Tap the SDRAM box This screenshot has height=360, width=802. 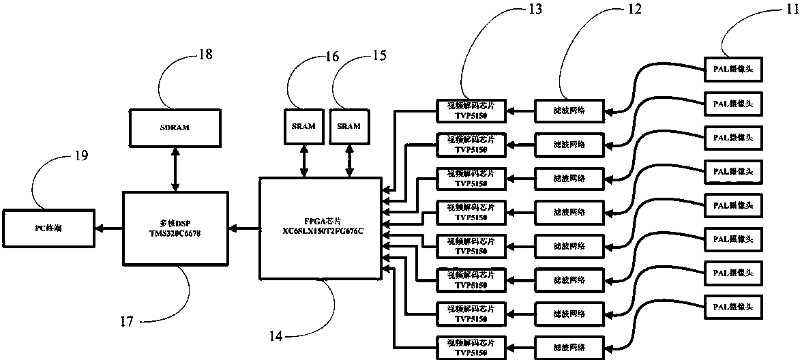click(175, 126)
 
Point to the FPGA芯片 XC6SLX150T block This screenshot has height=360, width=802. click(319, 227)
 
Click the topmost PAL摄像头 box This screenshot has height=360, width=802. click(732, 68)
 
